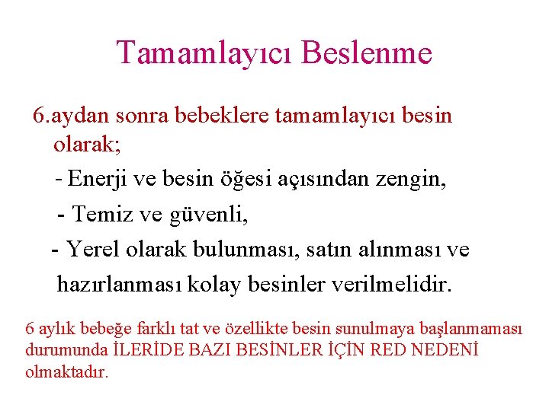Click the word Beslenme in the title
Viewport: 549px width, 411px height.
pyautogui.click(x=367, y=53)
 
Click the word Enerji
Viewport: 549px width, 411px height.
pyautogui.click(x=95, y=180)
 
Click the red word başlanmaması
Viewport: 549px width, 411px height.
pyautogui.click(x=478, y=329)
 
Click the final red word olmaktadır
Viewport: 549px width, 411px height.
pyautogui.click(x=67, y=373)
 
